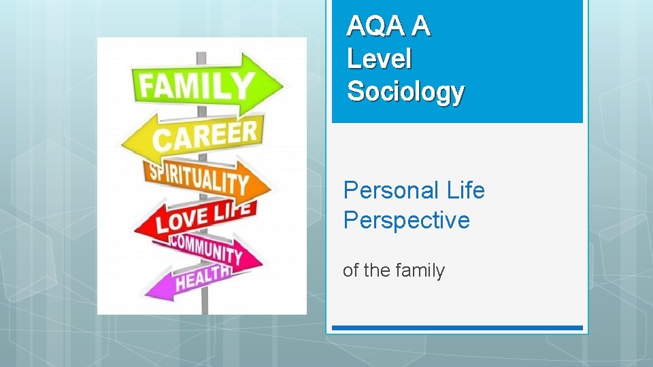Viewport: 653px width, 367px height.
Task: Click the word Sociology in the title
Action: pyautogui.click(x=405, y=91)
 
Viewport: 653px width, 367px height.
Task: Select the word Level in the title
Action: pyautogui.click(x=379, y=59)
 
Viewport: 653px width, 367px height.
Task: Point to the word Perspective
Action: pyautogui.click(x=406, y=221)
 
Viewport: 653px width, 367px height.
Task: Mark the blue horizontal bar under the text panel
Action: pyautogui.click(x=456, y=328)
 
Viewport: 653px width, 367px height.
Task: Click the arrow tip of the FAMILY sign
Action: pyautogui.click(x=279, y=85)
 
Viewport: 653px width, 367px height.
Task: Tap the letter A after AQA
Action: pyautogui.click(x=421, y=27)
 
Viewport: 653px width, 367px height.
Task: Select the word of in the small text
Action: pyautogui.click(x=350, y=270)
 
